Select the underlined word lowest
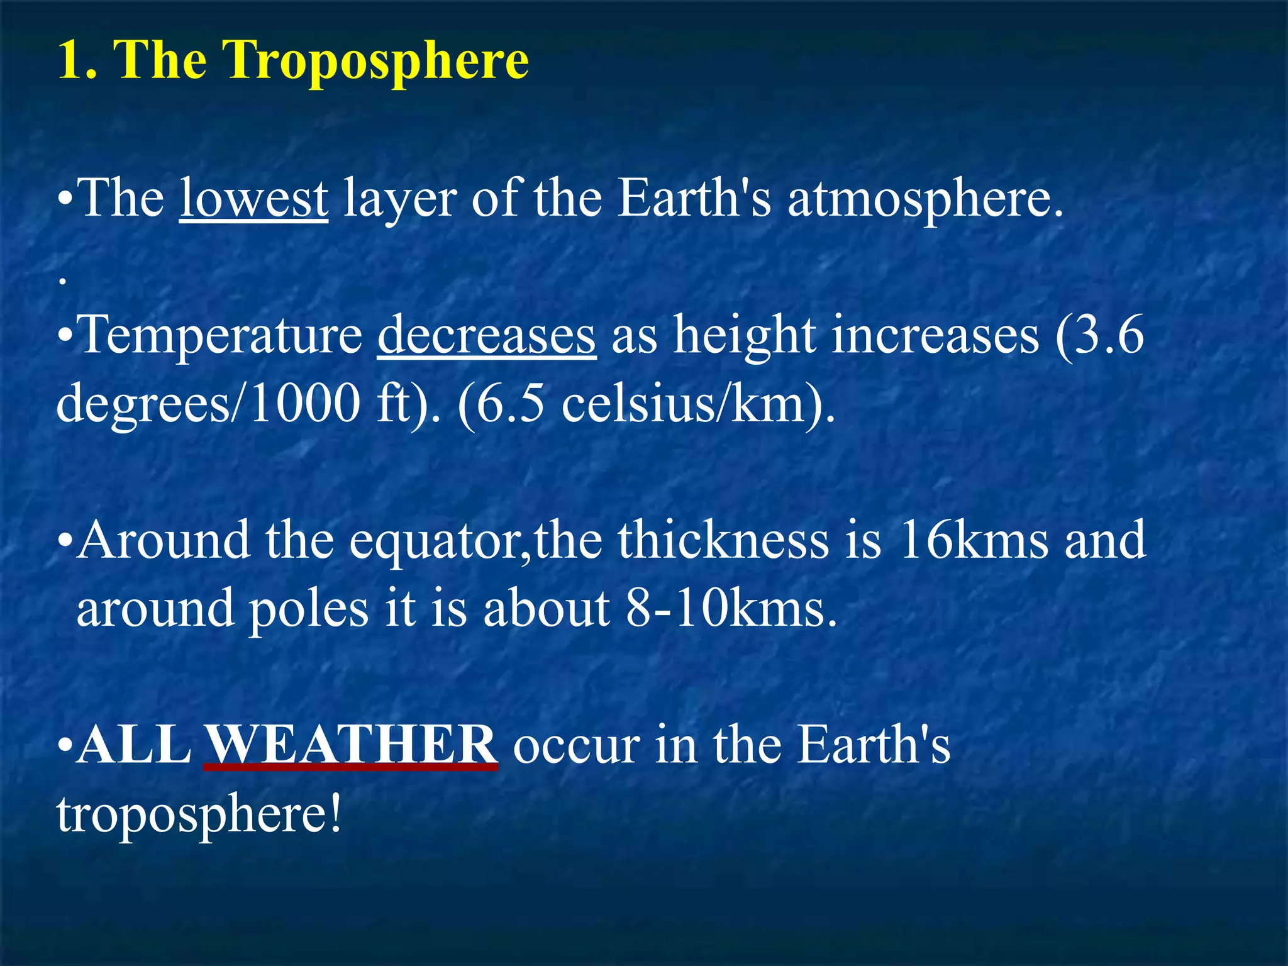pos(253,199)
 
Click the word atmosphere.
pos(925,199)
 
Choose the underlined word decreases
pos(486,336)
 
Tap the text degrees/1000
pos(208,404)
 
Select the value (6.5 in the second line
pos(501,404)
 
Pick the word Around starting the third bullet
pos(164,541)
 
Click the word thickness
pos(723,541)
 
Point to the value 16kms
pos(972,541)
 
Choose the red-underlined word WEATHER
pos(350,745)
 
